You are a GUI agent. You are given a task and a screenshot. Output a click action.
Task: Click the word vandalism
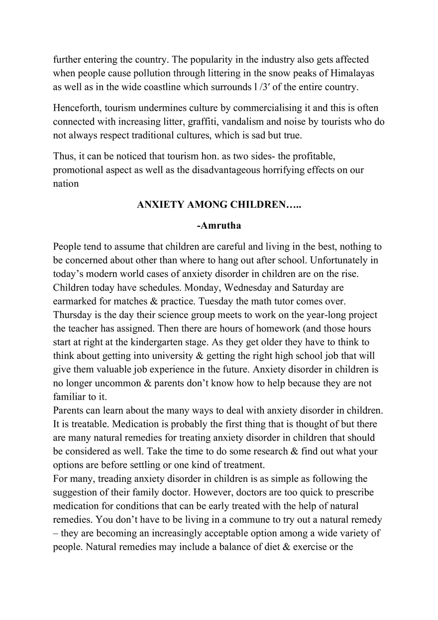coord(246,121)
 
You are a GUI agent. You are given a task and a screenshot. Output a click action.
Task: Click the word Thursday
coord(73,315)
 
